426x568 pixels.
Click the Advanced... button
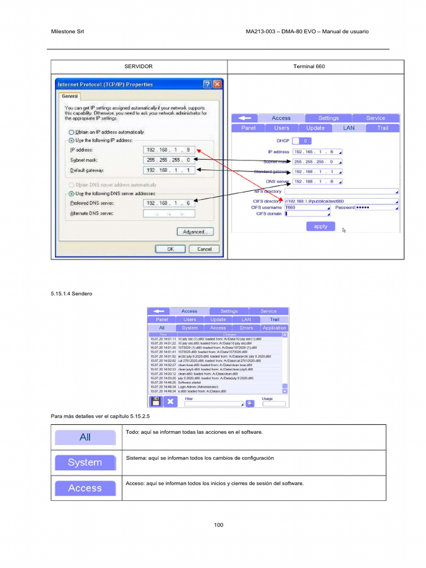[195, 232]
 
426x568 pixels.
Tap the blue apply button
[321, 226]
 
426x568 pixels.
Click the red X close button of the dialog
[217, 84]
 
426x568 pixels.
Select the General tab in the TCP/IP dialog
[69, 95]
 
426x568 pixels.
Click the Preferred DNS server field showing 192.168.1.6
[169, 203]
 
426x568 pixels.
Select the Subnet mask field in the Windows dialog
[169, 160]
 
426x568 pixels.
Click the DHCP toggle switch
[300, 141]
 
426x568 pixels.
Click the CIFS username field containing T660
[307, 207]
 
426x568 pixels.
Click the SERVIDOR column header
[139, 67]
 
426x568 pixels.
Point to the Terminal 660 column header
[309, 67]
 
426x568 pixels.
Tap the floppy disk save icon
[155, 401]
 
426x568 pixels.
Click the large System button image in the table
[85, 463]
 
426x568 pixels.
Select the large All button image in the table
[85, 437]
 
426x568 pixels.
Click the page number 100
[219, 525]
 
